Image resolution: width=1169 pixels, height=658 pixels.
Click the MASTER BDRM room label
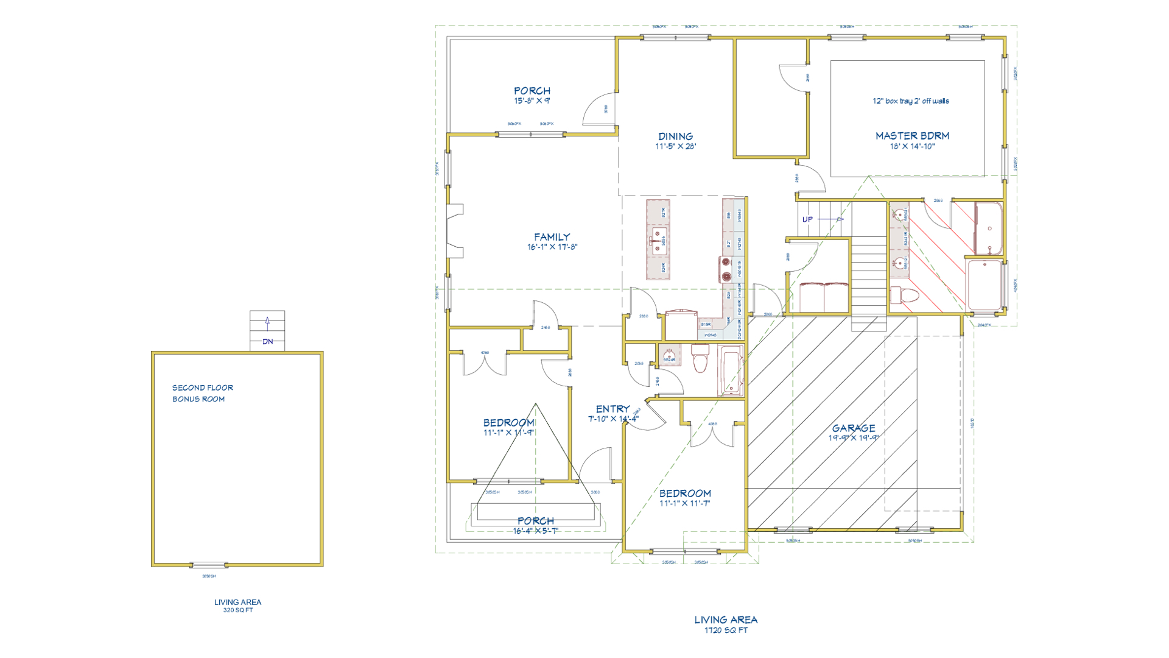(x=912, y=136)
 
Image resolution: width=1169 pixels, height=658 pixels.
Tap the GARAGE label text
(x=854, y=428)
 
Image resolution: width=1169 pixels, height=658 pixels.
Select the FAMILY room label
(x=552, y=237)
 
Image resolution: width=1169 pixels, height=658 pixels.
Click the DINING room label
(x=675, y=136)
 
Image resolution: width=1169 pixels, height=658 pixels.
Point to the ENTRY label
(x=613, y=409)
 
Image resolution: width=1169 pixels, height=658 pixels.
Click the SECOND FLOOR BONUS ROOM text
(x=202, y=393)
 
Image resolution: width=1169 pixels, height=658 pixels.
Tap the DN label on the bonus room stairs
(x=267, y=342)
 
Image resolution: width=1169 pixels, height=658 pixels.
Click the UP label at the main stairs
(x=807, y=219)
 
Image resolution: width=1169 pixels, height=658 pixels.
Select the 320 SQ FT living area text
(x=237, y=610)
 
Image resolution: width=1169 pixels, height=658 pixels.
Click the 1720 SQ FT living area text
(x=726, y=631)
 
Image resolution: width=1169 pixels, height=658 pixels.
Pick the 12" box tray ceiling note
(x=910, y=101)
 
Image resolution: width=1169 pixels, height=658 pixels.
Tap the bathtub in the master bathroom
(x=989, y=228)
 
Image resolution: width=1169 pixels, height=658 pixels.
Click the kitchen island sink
(x=658, y=241)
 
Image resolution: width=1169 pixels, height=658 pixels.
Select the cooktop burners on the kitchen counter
(x=726, y=269)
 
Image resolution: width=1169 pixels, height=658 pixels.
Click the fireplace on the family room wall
(x=455, y=231)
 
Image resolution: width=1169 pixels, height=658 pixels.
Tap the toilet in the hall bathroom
(x=700, y=358)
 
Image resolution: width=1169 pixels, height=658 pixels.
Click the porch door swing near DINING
(x=600, y=110)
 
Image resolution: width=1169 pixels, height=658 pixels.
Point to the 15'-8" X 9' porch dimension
(x=532, y=101)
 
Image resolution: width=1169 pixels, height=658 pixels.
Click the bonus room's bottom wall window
(x=209, y=565)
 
